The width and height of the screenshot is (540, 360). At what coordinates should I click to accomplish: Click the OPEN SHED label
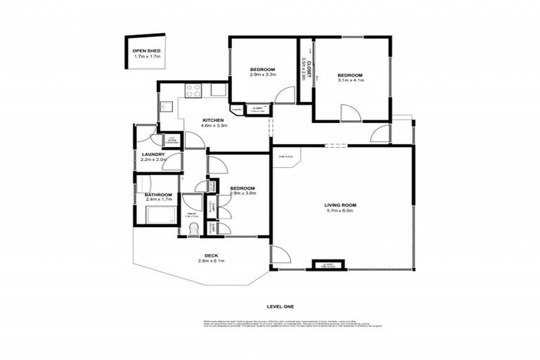pyautogui.click(x=148, y=51)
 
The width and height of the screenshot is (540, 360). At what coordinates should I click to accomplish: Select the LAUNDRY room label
pyautogui.click(x=153, y=155)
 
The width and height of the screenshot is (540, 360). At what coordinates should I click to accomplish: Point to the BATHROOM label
pyautogui.click(x=158, y=195)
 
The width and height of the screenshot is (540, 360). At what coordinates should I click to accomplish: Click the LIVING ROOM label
pyautogui.click(x=339, y=205)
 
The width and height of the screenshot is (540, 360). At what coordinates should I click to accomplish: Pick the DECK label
pyautogui.click(x=211, y=255)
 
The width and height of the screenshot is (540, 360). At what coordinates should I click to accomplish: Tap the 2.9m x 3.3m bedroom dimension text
pyautogui.click(x=262, y=75)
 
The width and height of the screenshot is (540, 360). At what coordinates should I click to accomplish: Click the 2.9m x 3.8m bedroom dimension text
pyautogui.click(x=242, y=193)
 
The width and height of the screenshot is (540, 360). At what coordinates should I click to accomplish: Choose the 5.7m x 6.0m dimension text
pyautogui.click(x=339, y=211)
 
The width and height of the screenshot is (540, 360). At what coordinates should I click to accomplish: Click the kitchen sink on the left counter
pyautogui.click(x=165, y=108)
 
